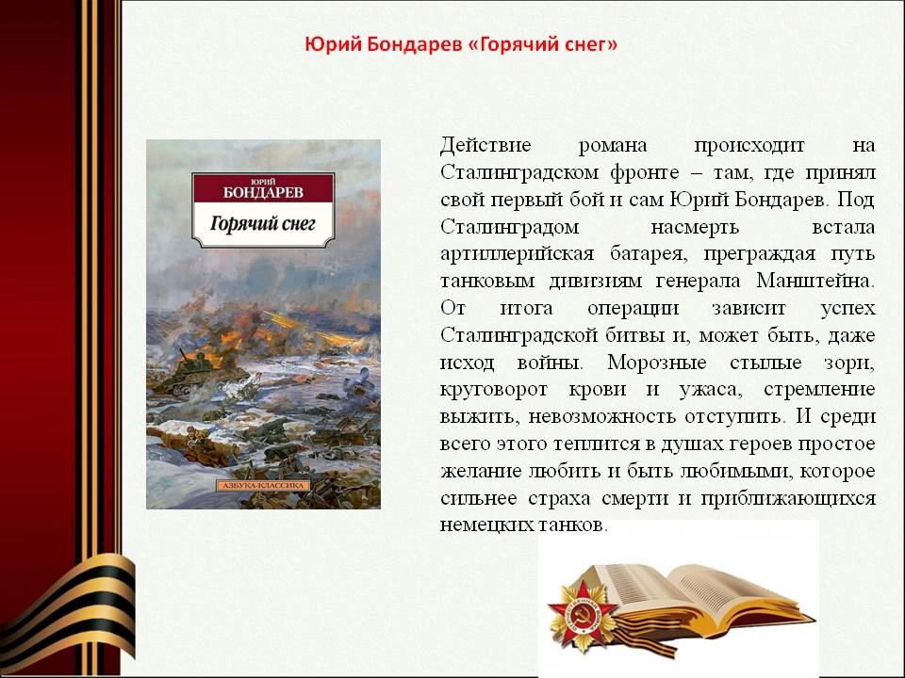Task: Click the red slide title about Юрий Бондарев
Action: coord(461,45)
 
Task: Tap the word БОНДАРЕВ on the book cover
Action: coord(263,192)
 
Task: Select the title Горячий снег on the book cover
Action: coord(263,223)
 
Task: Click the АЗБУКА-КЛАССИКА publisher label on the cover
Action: coord(263,486)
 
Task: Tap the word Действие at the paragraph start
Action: coord(485,145)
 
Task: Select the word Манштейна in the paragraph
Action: coord(815,282)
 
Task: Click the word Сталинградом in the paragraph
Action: coord(509,227)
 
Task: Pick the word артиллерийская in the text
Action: coord(518,254)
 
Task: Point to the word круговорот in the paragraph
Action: coord(493,390)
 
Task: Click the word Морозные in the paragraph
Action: coord(657,363)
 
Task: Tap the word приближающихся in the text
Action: coord(788,499)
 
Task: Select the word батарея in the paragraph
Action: coord(649,254)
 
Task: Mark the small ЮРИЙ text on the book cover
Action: coord(264,181)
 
